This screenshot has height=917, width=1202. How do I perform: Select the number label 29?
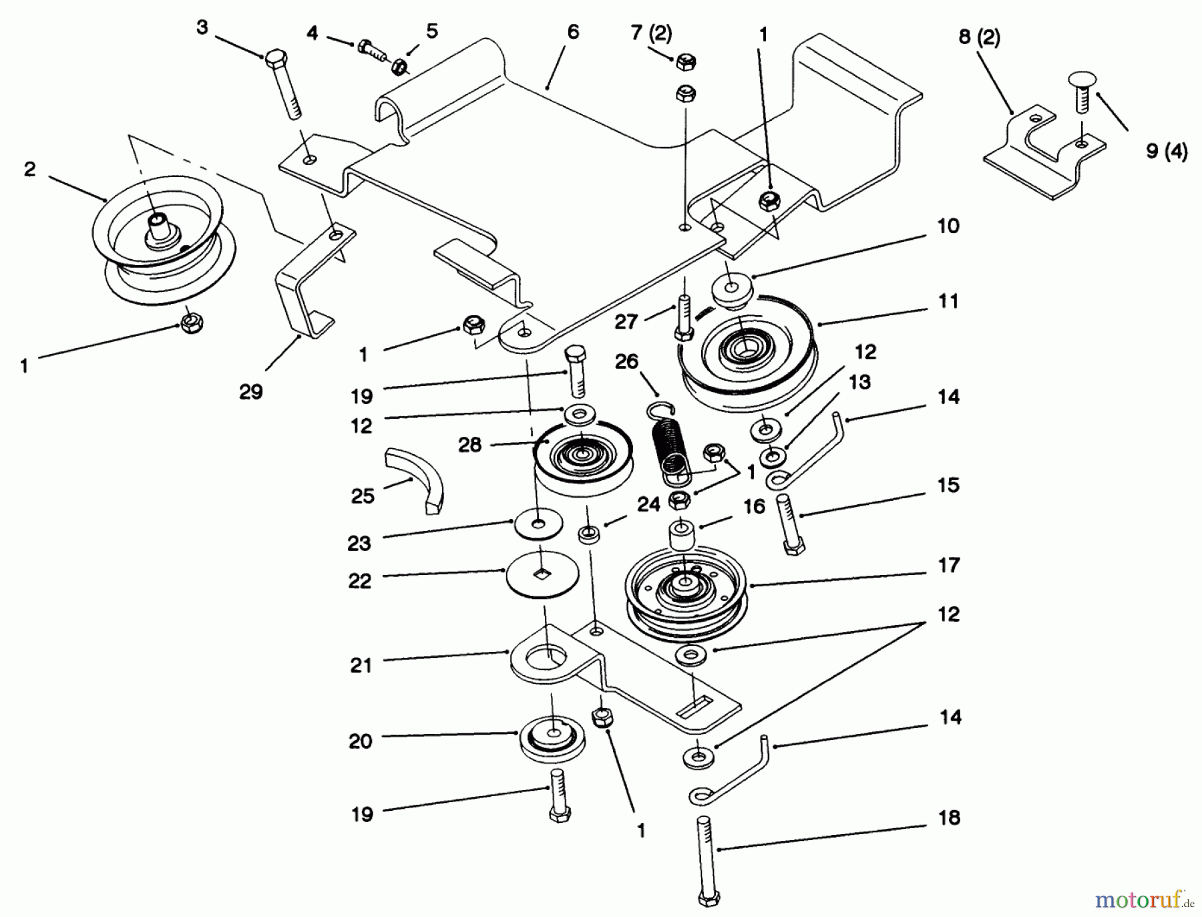click(x=251, y=392)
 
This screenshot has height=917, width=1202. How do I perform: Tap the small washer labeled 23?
click(x=538, y=524)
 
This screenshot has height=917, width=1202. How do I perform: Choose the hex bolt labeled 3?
click(x=284, y=83)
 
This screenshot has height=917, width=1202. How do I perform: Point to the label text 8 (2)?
click(x=979, y=36)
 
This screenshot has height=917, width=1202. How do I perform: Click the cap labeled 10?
click(x=733, y=290)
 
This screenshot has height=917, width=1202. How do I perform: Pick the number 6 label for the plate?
click(x=573, y=32)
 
